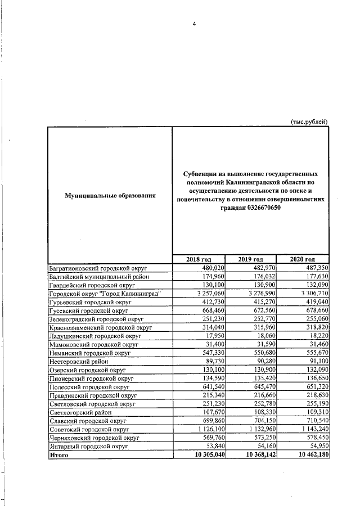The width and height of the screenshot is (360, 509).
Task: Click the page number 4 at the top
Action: coord(194,24)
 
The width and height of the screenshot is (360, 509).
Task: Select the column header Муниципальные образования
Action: coord(110,196)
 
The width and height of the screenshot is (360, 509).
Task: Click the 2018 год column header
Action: coord(199,259)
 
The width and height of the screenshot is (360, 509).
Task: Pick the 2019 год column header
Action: coord(251,259)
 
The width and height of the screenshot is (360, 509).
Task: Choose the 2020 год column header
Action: coord(303,259)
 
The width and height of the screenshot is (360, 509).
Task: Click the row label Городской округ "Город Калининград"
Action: coord(106,294)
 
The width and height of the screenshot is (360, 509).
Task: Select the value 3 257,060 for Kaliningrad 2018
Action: coord(208,294)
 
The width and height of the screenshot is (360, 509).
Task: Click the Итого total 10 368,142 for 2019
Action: coord(256,455)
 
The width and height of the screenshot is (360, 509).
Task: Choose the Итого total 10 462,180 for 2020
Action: coord(308,455)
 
